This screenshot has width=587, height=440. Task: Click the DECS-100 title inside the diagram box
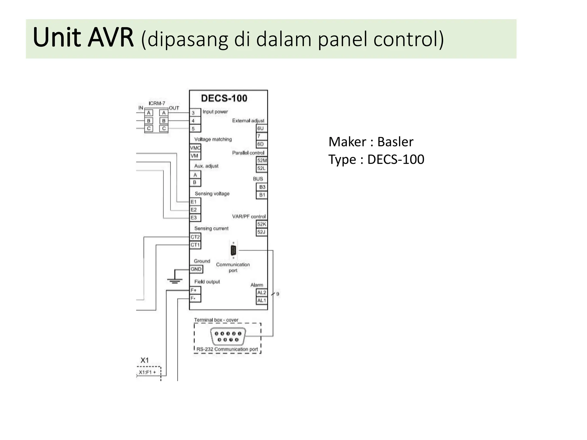coord(224,98)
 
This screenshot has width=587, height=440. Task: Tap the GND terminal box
coord(196,269)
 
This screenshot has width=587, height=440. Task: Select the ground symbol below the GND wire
coord(175,280)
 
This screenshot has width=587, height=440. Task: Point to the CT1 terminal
coord(195,245)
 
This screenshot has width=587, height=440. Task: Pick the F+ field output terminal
coord(195,290)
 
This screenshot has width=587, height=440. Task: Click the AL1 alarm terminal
coord(261,300)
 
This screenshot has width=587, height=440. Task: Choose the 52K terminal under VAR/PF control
coord(261,224)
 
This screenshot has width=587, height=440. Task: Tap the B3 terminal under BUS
coord(262,187)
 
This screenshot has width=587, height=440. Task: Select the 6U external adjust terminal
coord(261,128)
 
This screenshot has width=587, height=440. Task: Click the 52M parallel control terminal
coord(262,160)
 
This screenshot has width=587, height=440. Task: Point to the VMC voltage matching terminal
coord(195,148)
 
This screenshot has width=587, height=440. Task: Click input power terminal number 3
coord(195,113)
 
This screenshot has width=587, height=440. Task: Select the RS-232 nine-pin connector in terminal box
coord(228,337)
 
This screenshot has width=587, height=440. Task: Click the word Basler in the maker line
coord(395,142)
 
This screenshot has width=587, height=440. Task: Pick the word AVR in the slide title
coord(111,38)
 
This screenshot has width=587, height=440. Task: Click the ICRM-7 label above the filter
coord(157,103)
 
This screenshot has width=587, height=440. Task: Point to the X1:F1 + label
coord(147,372)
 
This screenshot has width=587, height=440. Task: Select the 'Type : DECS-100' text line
coord(376,160)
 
